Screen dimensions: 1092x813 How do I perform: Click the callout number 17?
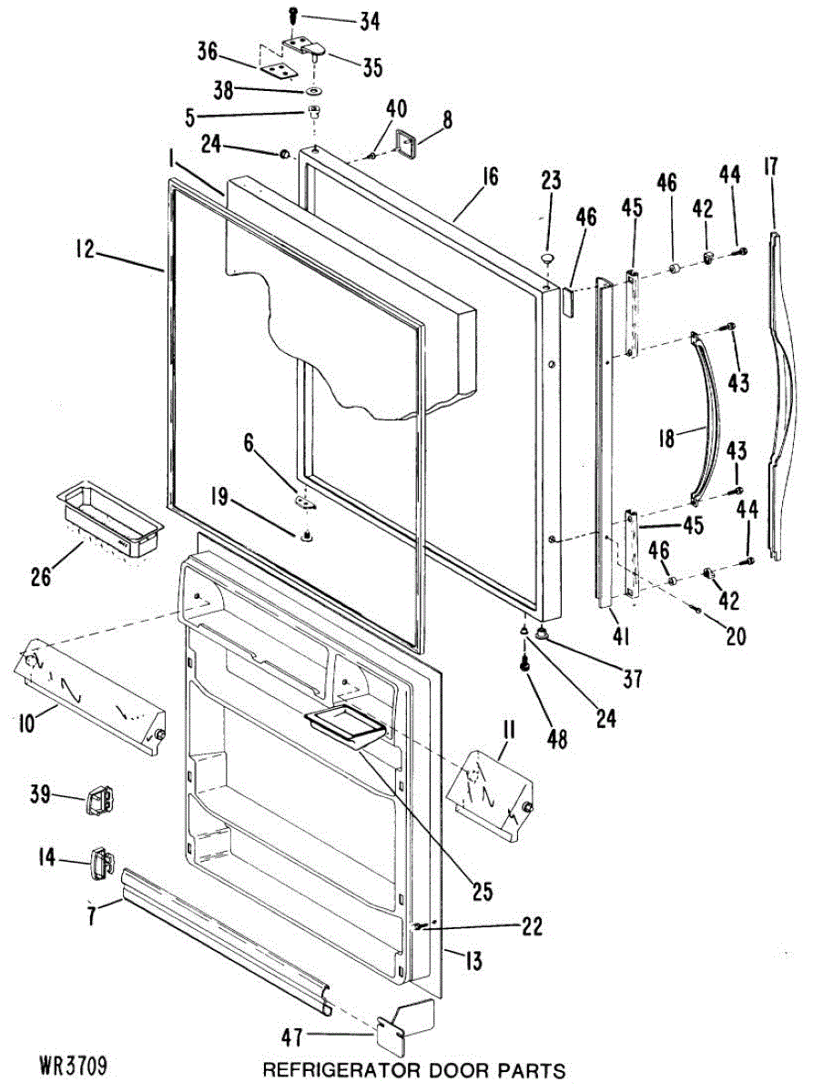coord(770,167)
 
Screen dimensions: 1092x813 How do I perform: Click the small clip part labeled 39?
coord(97,800)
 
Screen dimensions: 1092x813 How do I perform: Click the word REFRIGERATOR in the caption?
coord(324,1069)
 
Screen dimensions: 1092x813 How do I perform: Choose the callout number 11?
coord(509,728)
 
